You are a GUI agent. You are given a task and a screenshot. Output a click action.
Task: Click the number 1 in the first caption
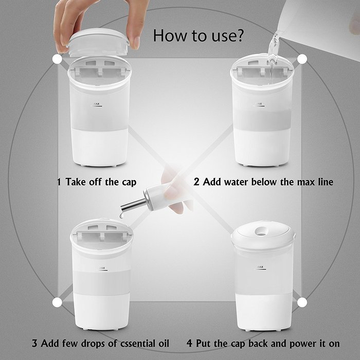point(59,182)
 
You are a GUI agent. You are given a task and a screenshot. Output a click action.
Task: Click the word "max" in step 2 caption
point(304,182)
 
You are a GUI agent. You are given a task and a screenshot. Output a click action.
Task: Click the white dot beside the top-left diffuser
point(57,59)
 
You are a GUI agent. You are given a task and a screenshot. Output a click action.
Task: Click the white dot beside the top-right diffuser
point(302,59)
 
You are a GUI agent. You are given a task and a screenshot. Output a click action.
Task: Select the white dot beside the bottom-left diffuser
point(57,302)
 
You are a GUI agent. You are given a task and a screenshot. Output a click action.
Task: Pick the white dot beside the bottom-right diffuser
point(302,302)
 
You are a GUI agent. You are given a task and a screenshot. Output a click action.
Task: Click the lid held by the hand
point(98,41)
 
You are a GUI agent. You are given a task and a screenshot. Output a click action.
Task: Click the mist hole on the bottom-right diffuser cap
point(262,230)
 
